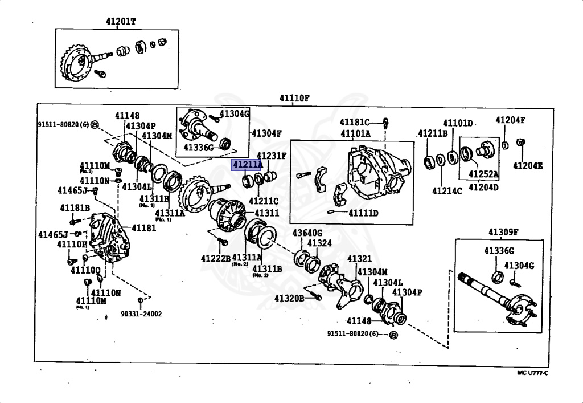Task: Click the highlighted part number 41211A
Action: (x=247, y=165)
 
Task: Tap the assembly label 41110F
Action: (x=294, y=98)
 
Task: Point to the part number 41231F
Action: (x=272, y=156)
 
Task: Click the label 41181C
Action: (x=355, y=122)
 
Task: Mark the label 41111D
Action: (x=364, y=213)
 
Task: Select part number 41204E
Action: (x=528, y=166)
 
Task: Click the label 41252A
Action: (x=483, y=174)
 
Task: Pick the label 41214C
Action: (x=446, y=190)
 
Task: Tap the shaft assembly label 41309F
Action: (x=503, y=231)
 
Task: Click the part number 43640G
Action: (x=307, y=233)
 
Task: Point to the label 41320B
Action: (x=290, y=298)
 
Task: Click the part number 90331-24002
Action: (x=141, y=314)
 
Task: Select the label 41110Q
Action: (x=85, y=270)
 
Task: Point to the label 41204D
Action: (x=483, y=186)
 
